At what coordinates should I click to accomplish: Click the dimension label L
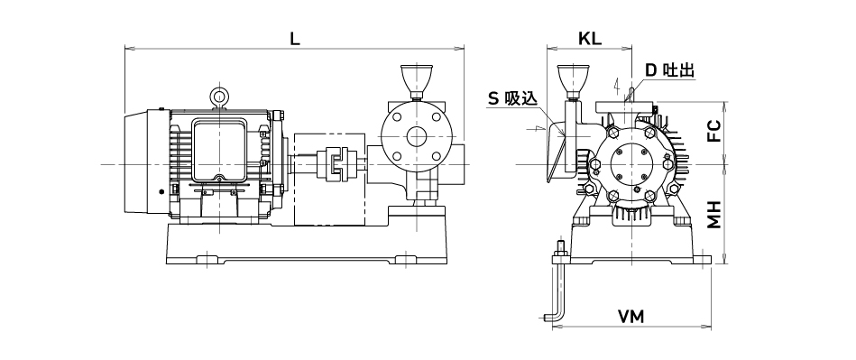295,39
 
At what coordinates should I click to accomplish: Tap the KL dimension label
590,39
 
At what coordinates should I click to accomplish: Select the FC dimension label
714,132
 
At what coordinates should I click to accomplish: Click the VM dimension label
631,317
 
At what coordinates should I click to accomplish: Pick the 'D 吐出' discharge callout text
669,70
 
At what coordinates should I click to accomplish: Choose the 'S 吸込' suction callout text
512,98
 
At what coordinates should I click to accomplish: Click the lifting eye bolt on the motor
220,97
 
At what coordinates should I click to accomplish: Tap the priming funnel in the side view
417,82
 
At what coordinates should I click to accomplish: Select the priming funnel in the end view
573,82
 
